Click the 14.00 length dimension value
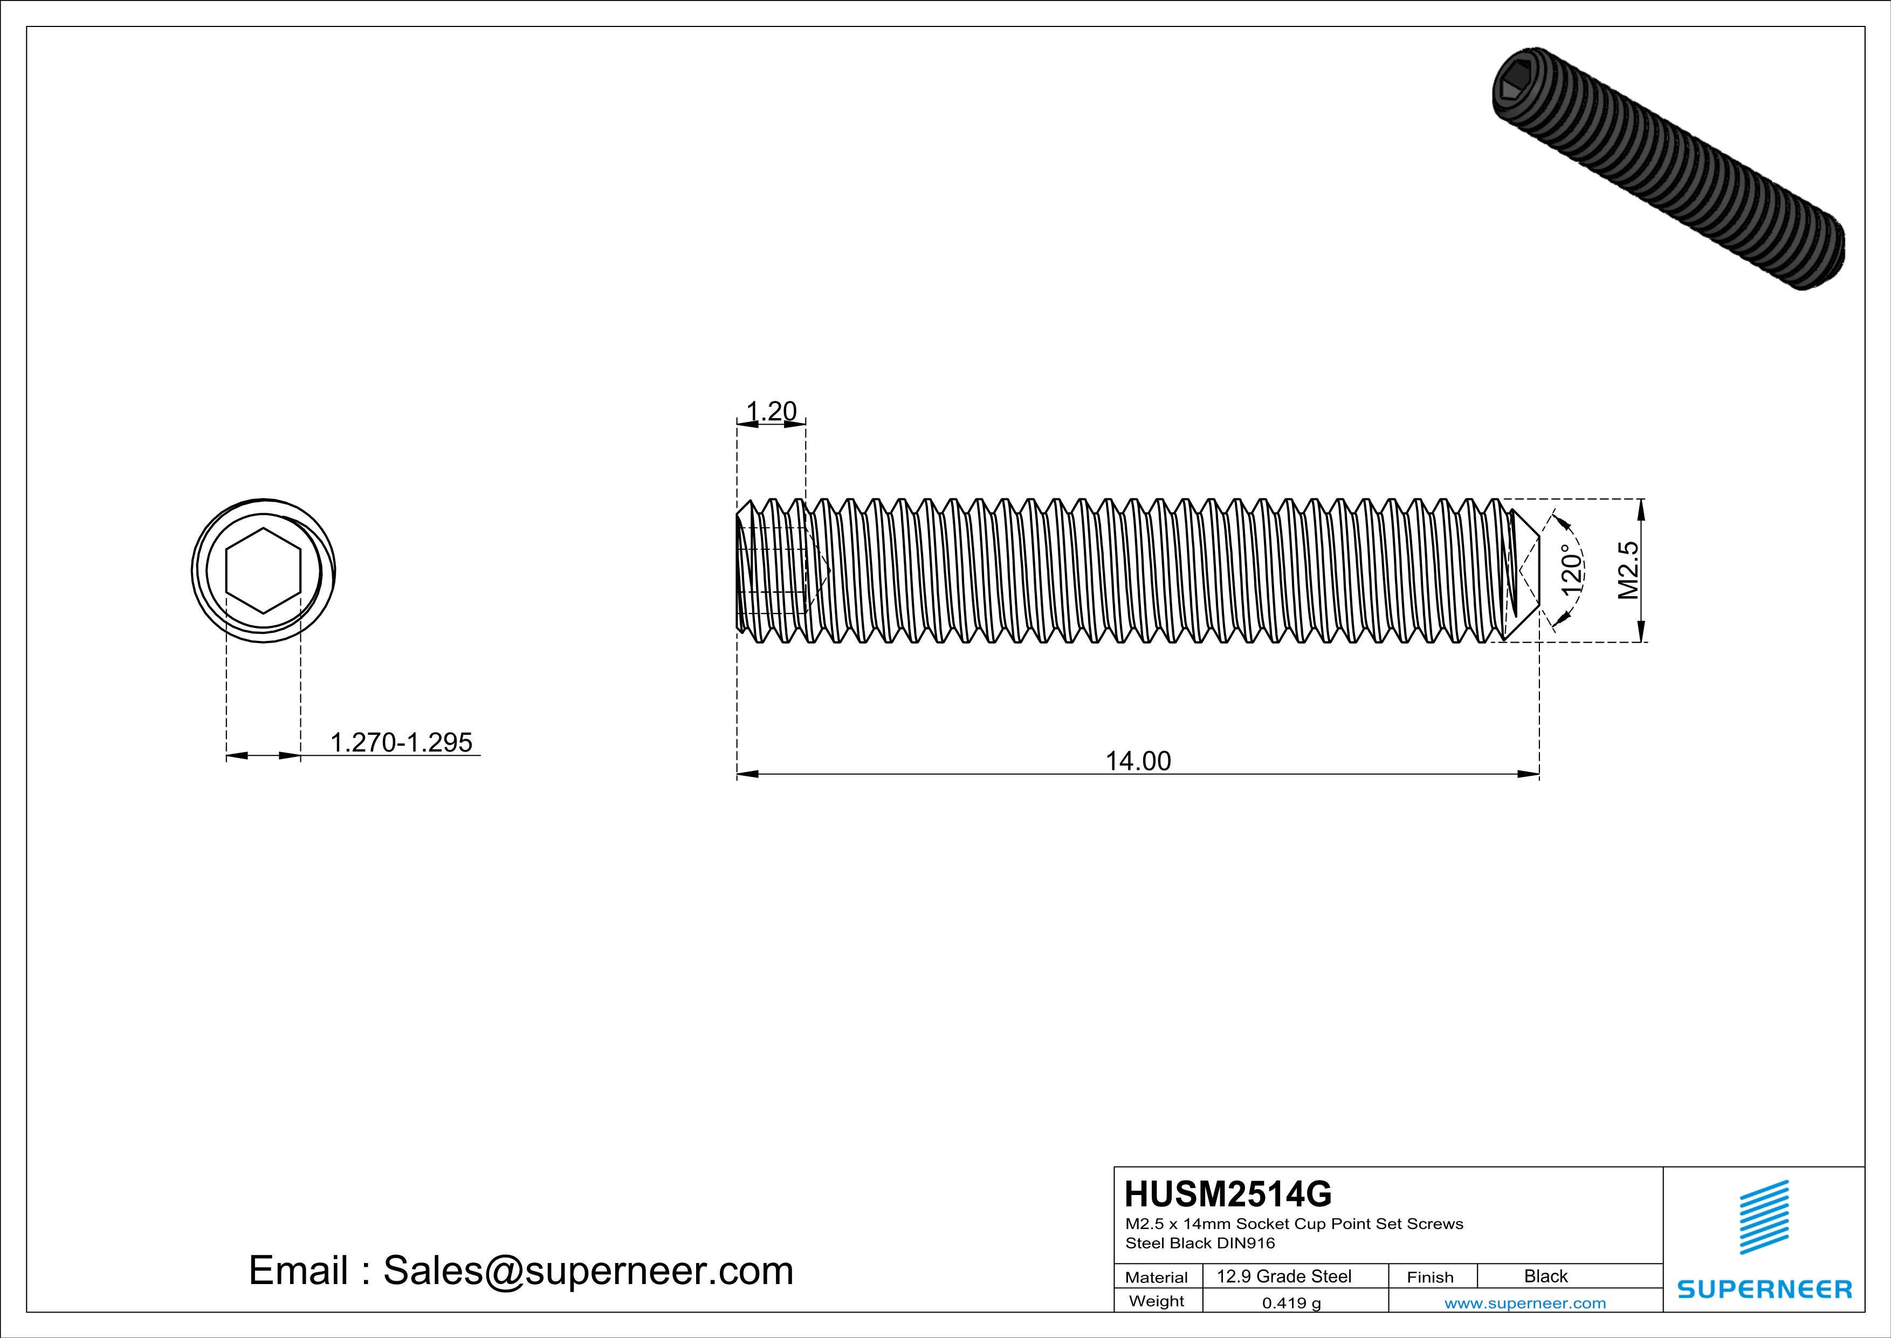(x=1137, y=761)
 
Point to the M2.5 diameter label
(x=1628, y=570)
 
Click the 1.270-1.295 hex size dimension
(x=401, y=742)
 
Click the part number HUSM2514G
(x=1227, y=1194)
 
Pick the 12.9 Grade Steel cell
(x=1284, y=1276)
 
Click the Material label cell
(x=1157, y=1277)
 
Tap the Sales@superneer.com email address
(x=588, y=1271)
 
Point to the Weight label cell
(x=1157, y=1301)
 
